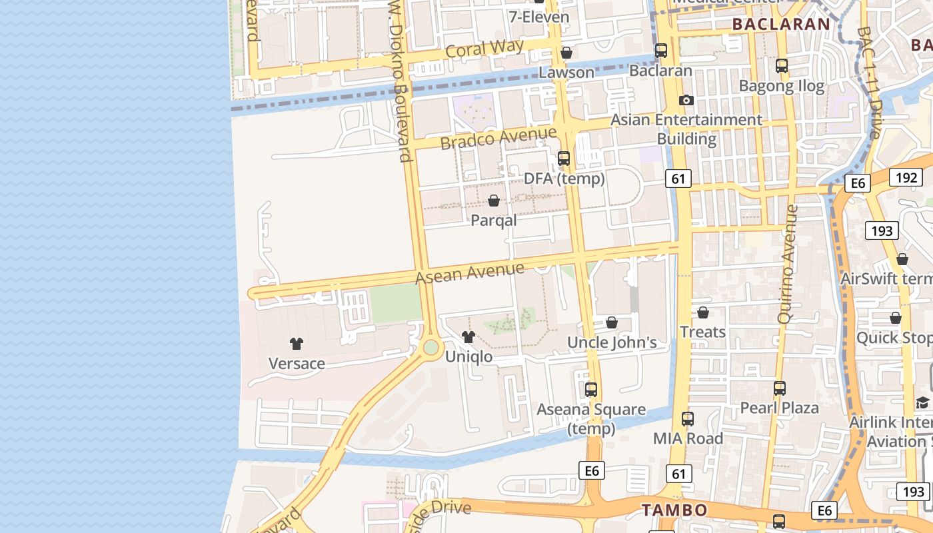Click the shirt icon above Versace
pyautogui.click(x=297, y=344)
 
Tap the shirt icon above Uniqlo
pyautogui.click(x=468, y=337)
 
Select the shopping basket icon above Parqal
pyautogui.click(x=494, y=201)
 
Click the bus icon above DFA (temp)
pyautogui.click(x=564, y=159)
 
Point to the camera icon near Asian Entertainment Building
pyautogui.click(x=686, y=101)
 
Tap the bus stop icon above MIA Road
pyautogui.click(x=688, y=419)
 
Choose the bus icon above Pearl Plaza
pyautogui.click(x=780, y=388)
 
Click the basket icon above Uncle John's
pyautogui.click(x=612, y=323)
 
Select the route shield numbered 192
pyautogui.click(x=906, y=177)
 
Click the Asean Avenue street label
pyautogui.click(x=470, y=272)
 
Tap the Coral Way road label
pyautogui.click(x=484, y=49)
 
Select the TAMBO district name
pyautogui.click(x=674, y=510)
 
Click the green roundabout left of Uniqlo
pyautogui.click(x=431, y=347)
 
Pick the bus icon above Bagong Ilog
pyautogui.click(x=782, y=66)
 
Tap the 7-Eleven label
pyautogui.click(x=539, y=17)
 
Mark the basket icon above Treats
pyautogui.click(x=702, y=312)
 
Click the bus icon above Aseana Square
pyautogui.click(x=591, y=390)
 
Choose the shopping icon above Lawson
pyautogui.click(x=566, y=53)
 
